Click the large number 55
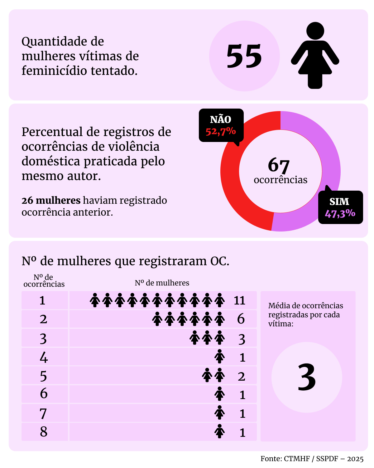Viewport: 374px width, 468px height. (244, 56)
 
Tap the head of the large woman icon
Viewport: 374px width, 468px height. (315, 31)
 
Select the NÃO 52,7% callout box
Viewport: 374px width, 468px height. (221, 125)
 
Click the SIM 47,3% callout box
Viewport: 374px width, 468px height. (340, 207)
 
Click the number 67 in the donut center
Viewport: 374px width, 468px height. (279, 165)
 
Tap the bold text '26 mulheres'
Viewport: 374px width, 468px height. (51, 200)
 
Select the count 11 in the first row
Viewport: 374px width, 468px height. (240, 300)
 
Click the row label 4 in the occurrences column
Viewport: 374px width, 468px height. (44, 357)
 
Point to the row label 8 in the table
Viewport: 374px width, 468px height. (44, 432)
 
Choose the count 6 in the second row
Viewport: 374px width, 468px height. (241, 319)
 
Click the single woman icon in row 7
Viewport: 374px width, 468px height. (220, 413)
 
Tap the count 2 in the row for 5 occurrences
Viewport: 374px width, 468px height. (242, 376)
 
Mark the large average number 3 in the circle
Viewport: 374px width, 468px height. (307, 378)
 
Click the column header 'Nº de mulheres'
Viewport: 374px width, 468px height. (162, 283)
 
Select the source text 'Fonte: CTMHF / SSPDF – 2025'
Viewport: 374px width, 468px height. (312, 459)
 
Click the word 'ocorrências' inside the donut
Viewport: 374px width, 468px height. (280, 180)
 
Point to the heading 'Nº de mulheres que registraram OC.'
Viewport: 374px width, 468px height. (125, 261)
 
